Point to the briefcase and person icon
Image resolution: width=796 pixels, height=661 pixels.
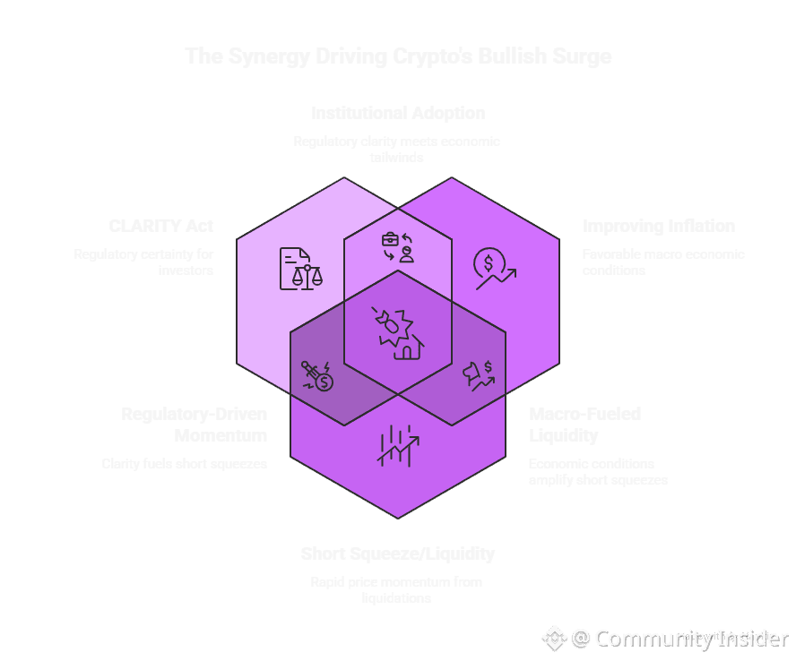tap(397, 246)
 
